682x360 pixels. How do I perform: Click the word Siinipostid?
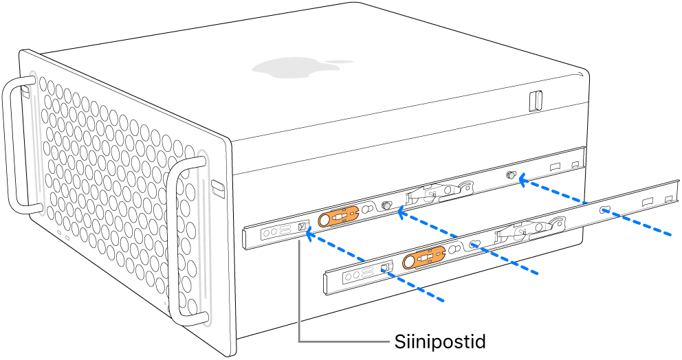pyautogui.click(x=440, y=341)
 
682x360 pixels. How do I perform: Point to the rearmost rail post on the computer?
pyautogui.click(x=511, y=176)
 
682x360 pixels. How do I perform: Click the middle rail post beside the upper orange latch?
pyautogui.click(x=386, y=205)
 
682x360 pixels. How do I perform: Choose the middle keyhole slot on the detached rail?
pyautogui.click(x=474, y=244)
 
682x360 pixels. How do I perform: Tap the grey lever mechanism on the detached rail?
pyautogui.click(x=529, y=230)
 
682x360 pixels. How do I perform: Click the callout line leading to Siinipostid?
pyautogui.click(x=300, y=302)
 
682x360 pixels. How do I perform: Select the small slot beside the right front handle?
pyautogui.click(x=218, y=187)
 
